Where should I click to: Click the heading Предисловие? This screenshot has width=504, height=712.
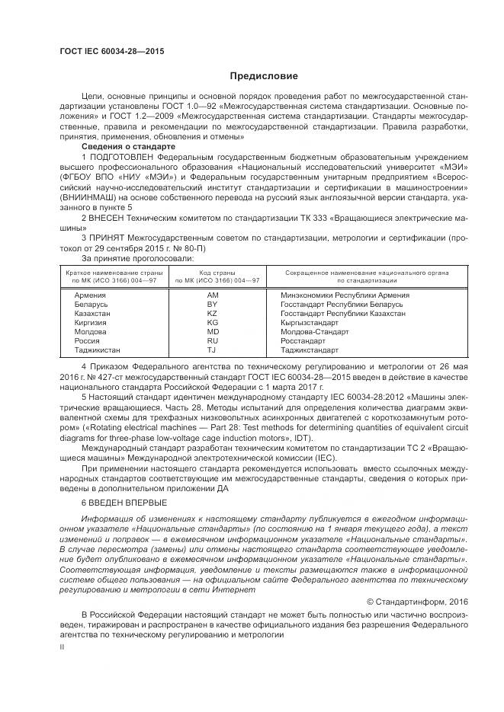(x=264, y=76)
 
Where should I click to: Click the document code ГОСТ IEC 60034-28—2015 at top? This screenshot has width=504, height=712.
(x=112, y=52)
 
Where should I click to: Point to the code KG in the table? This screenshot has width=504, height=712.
(x=213, y=323)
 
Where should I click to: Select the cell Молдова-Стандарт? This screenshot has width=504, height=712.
(x=313, y=332)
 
